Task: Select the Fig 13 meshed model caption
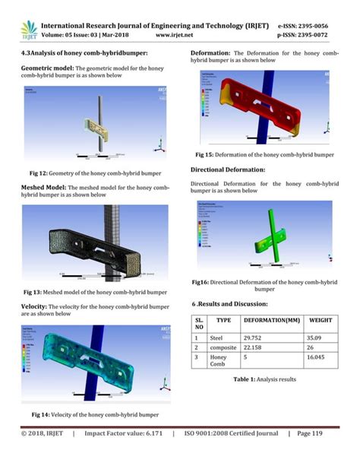point(94,292)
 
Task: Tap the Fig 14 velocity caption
point(94,414)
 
